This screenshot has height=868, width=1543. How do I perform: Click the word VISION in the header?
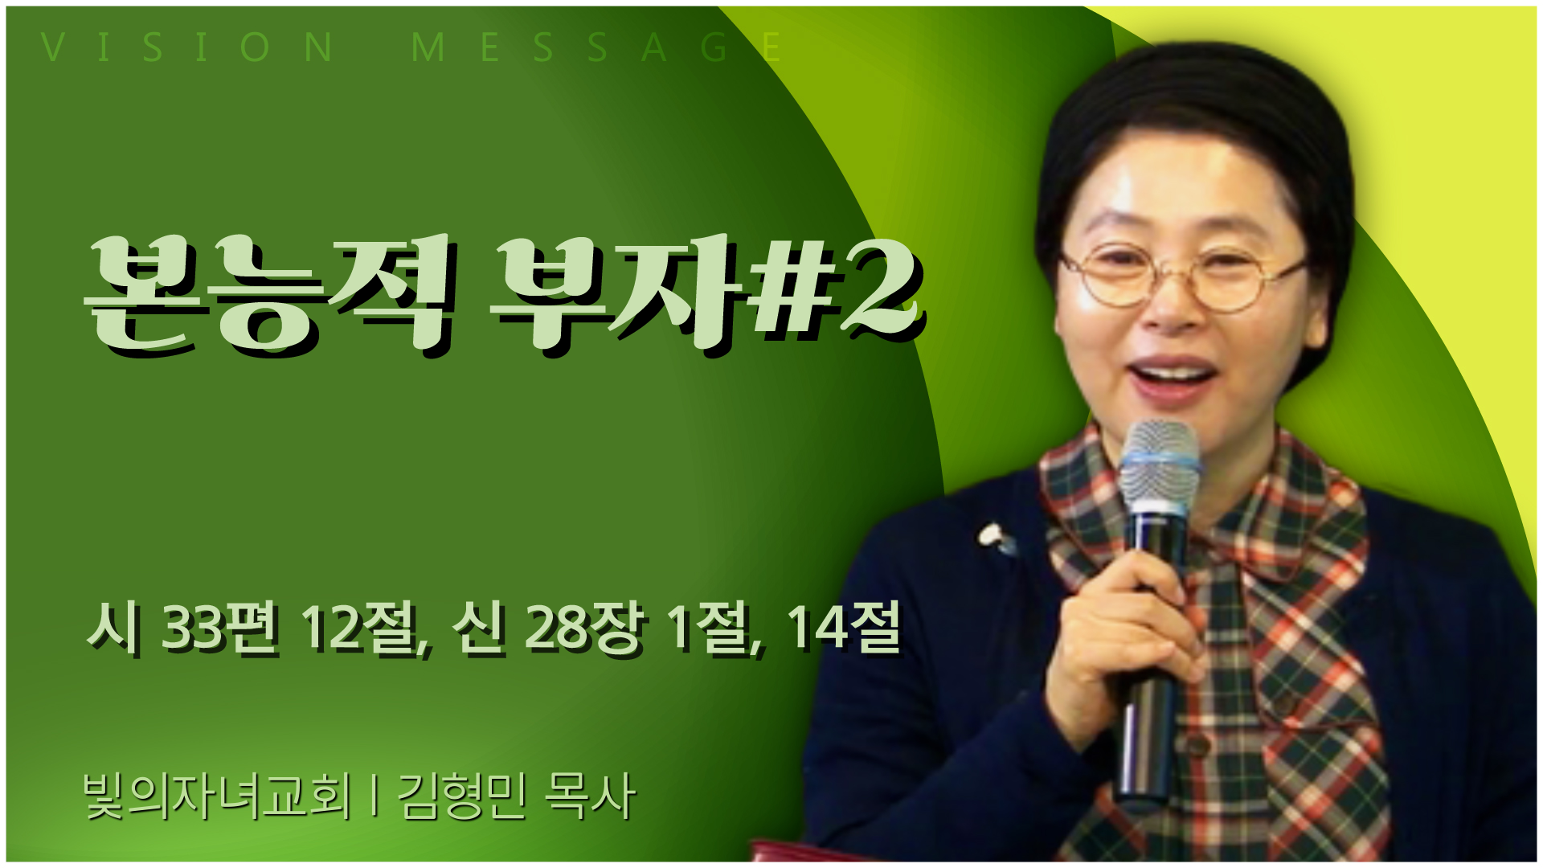tap(186, 47)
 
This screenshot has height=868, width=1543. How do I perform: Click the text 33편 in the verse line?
tap(219, 627)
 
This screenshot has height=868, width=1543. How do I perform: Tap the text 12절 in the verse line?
tap(362, 627)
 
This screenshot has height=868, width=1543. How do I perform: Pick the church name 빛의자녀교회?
tap(217, 796)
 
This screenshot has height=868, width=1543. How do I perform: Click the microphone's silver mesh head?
tap(1160, 466)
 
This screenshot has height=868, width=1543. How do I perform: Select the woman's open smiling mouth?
tap(1171, 379)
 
